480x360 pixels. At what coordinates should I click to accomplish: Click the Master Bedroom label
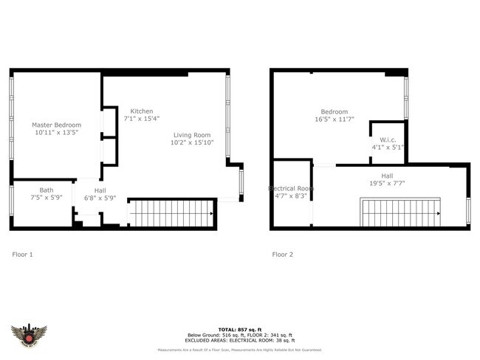pos(56,125)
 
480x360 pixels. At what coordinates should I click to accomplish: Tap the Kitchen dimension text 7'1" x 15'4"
pos(141,119)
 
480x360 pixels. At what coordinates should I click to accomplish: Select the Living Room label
pos(193,135)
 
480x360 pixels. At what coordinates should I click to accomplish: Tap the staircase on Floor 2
pos(400,212)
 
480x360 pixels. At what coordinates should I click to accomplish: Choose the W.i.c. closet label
pos(388,139)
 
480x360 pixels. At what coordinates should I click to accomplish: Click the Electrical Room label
pos(290,189)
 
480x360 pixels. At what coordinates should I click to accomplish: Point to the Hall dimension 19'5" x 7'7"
pos(387,183)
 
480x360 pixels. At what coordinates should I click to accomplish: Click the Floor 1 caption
pos(23,255)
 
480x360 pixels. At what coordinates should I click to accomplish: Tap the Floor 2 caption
pos(283,255)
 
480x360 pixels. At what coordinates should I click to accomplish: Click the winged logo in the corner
pos(30,336)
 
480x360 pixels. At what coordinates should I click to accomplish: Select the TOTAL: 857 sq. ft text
pos(240,328)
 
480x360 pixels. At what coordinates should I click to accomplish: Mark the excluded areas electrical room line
pos(240,340)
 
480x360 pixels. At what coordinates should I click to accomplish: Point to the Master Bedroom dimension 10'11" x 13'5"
pos(56,134)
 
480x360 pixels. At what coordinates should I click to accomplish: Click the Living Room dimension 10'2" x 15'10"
pos(193,143)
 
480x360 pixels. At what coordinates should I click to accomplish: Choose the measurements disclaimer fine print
pos(240,351)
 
